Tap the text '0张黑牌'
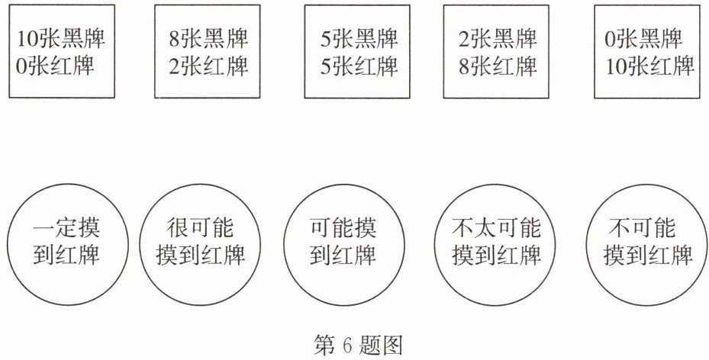(x=643, y=38)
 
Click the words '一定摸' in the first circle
(x=66, y=228)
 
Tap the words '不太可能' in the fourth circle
(x=496, y=228)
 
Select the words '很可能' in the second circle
(x=199, y=228)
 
